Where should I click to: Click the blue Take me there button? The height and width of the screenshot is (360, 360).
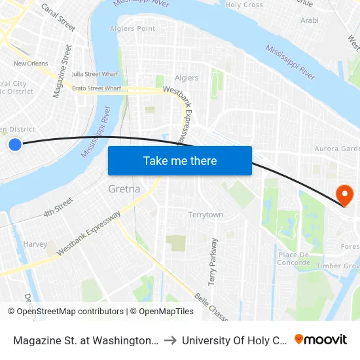180,160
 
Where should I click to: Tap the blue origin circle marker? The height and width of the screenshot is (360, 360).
15,144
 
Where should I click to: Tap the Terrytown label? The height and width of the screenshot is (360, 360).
206,215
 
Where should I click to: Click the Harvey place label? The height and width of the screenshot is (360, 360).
35,244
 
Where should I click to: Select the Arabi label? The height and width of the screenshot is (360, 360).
309,20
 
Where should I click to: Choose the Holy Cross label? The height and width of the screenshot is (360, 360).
243,5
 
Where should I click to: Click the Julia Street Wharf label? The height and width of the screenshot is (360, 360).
94,74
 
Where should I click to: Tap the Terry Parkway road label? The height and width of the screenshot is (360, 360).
213,262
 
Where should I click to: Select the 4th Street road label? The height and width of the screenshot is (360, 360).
58,209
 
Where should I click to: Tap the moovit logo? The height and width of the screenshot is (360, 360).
321,339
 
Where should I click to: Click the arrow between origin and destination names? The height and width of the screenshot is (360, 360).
169,340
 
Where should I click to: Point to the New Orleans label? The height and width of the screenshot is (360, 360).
31,63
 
